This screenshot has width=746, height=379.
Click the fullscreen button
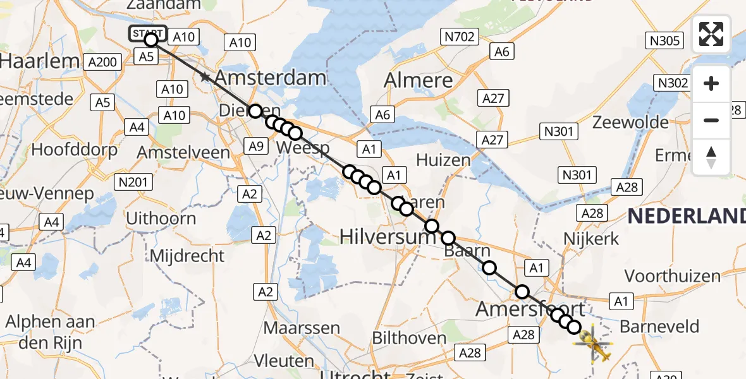tap(711, 34)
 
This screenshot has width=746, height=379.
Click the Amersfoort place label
tap(530, 310)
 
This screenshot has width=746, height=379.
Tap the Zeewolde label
tap(630, 122)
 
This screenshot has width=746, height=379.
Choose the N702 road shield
tap(460, 37)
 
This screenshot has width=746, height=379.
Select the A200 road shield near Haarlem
tap(102, 62)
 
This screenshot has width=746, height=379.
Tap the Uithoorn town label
tap(161, 219)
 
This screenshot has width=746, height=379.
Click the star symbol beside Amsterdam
tap(205, 78)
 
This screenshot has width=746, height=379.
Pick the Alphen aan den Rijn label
tap(50, 331)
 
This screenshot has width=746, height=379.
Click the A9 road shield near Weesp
tap(255, 147)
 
